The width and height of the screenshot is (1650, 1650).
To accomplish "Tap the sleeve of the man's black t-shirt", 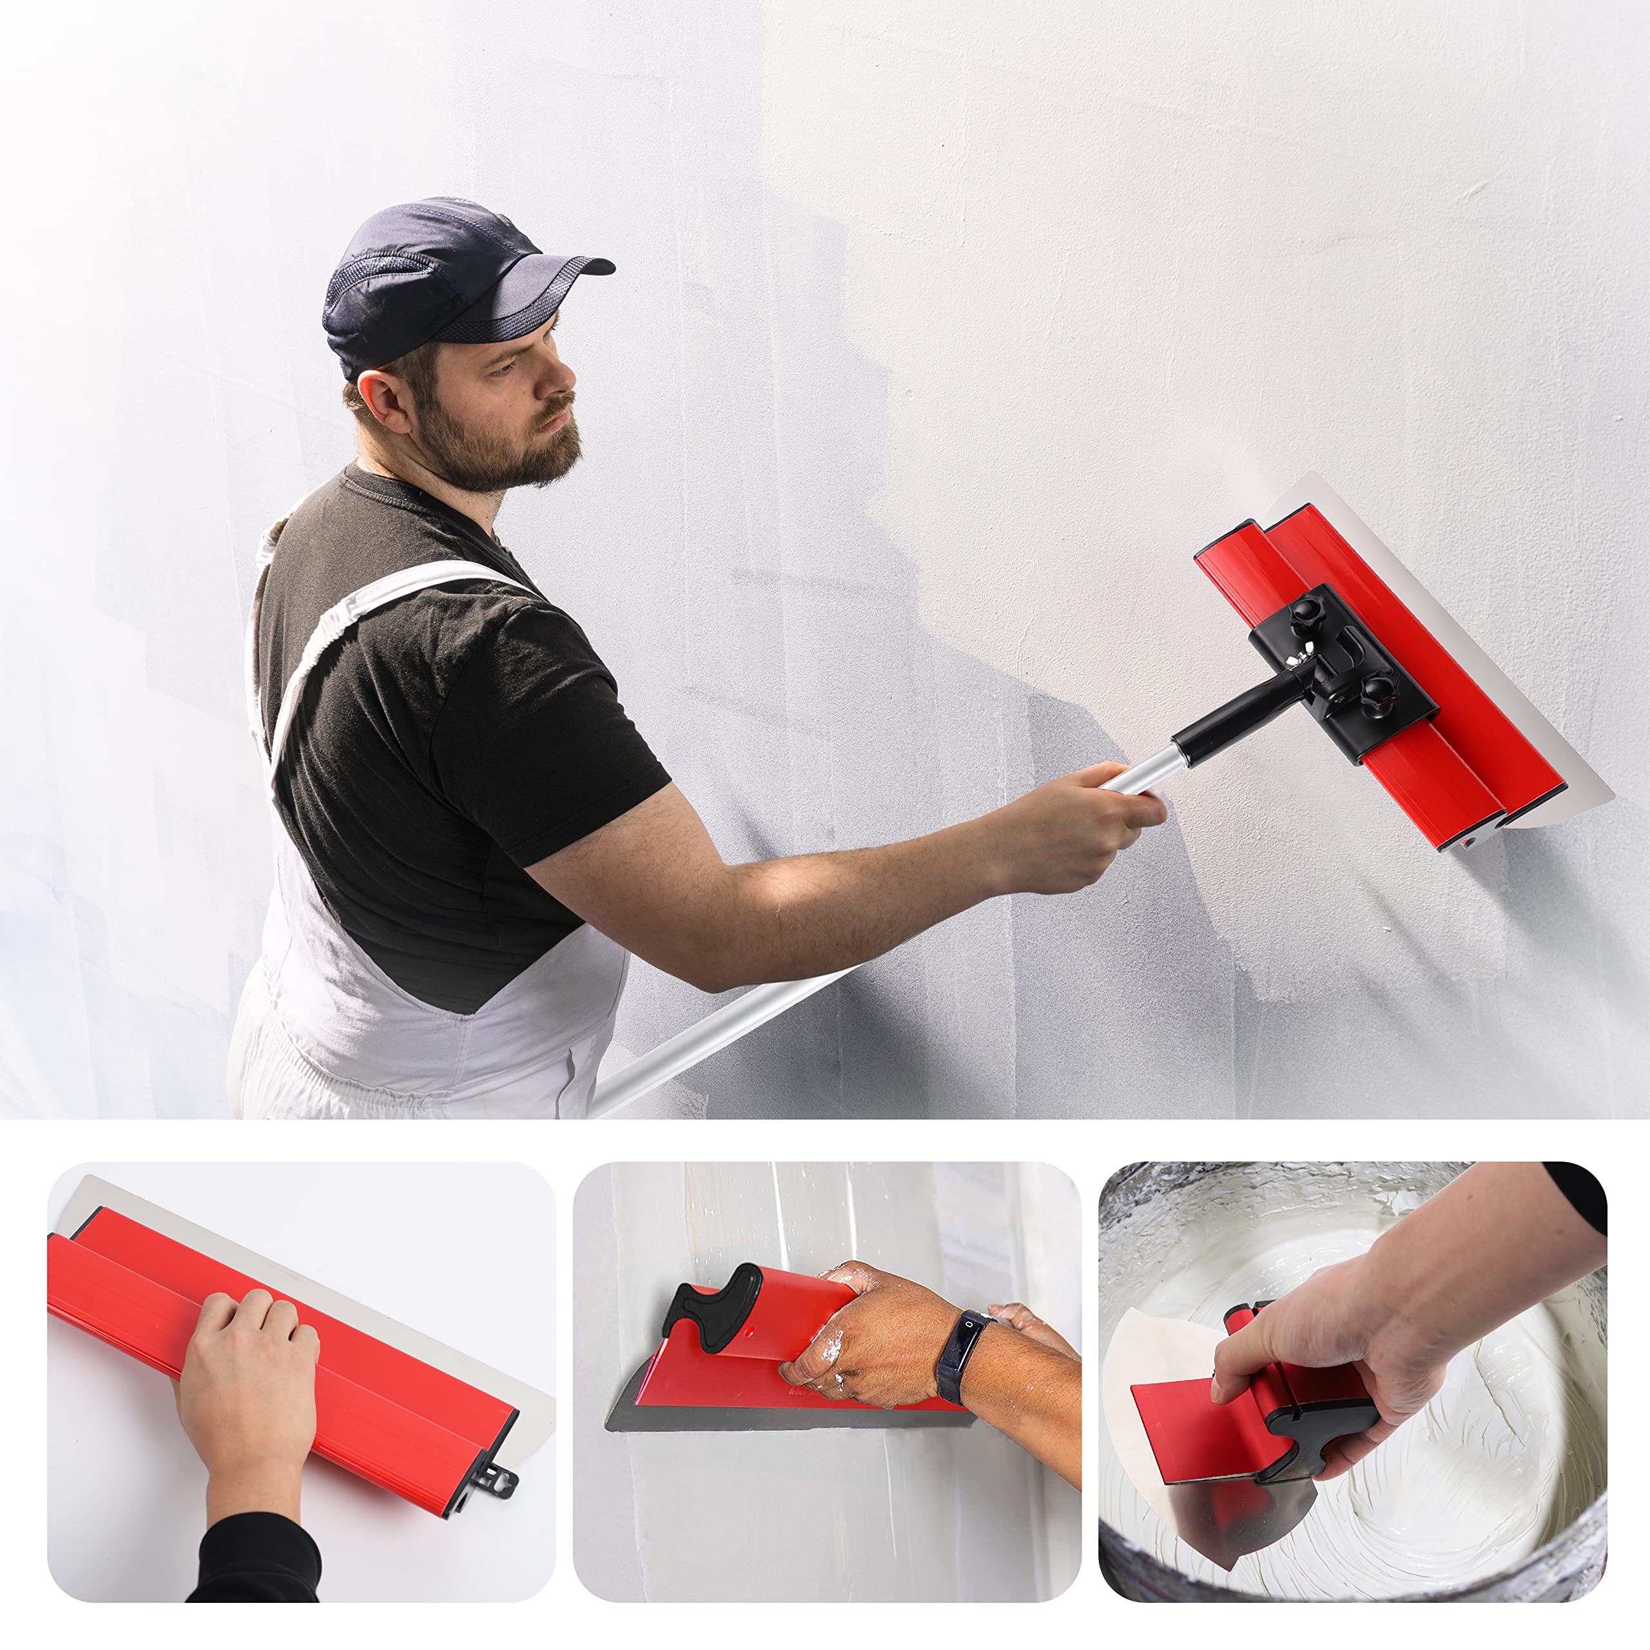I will coord(547,726).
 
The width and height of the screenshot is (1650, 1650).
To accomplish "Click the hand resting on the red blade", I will coord(247,1358).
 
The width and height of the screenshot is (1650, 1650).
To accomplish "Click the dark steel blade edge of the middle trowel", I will coord(769,1418).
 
